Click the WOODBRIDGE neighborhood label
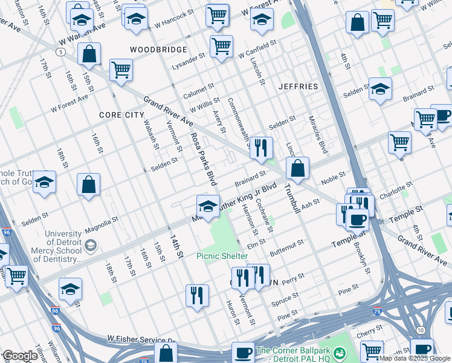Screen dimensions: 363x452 pos(159,49)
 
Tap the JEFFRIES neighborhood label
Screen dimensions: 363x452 pos(298,87)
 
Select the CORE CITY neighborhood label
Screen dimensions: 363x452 pos(122,115)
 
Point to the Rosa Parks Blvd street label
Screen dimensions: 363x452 pos(203,159)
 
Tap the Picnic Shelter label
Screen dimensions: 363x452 pos(222,256)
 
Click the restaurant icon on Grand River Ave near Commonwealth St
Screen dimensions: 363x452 pos(261,148)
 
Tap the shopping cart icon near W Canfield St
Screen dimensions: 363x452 pos(222,46)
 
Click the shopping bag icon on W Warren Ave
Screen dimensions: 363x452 pos(89,53)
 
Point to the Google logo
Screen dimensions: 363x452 pos(20,356)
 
